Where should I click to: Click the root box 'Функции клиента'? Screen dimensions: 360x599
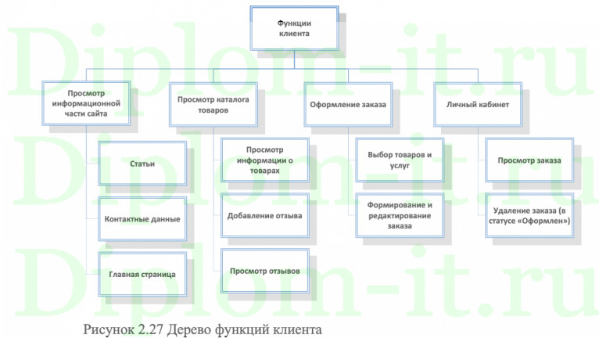[294, 30]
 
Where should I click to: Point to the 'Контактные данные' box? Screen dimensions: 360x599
[142, 218]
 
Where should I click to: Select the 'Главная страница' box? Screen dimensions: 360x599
[142, 274]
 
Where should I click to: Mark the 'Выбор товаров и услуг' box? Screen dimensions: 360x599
[400, 156]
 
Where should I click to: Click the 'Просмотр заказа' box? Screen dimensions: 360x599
[529, 160]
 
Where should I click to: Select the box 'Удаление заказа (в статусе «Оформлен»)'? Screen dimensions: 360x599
[529, 215]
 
